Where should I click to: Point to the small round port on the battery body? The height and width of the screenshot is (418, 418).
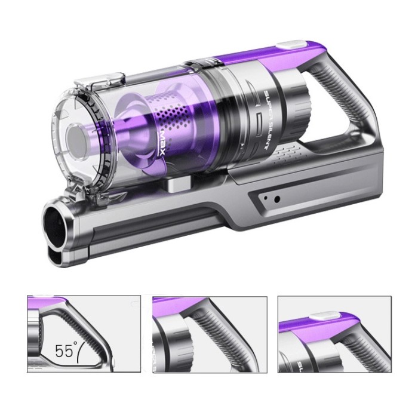click(276, 199)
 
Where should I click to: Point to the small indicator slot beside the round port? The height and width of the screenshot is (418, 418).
click(265, 196)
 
